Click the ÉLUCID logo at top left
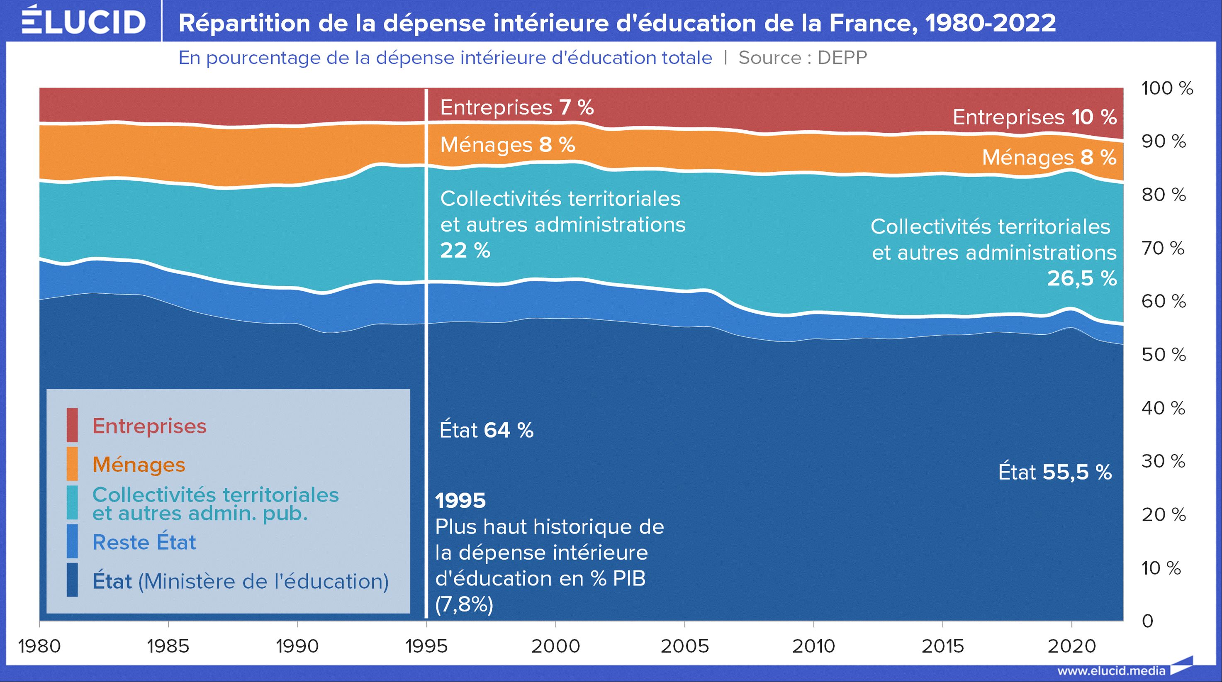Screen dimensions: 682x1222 pyautogui.click(x=83, y=21)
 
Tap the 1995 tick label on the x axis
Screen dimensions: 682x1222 pyautogui.click(x=426, y=646)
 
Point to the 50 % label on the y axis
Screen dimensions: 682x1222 pyautogui.click(x=1163, y=355)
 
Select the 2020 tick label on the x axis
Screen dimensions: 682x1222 pyautogui.click(x=1071, y=646)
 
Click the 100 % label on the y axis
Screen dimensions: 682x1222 pyautogui.click(x=1166, y=88)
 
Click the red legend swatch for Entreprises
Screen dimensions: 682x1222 pyautogui.click(x=72, y=425)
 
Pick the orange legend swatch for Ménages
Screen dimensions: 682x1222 pyautogui.click(x=72, y=464)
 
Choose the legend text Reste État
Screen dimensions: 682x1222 pyautogui.click(x=144, y=542)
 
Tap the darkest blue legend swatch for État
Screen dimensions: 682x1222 pyautogui.click(x=72, y=580)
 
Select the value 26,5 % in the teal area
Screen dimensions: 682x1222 pyautogui.click(x=1081, y=278)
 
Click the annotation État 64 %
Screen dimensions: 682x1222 pyautogui.click(x=486, y=430)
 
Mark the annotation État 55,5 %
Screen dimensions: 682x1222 pyautogui.click(x=1054, y=472)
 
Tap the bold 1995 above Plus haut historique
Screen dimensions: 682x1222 pyautogui.click(x=460, y=500)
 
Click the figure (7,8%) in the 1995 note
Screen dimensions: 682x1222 pyautogui.click(x=464, y=605)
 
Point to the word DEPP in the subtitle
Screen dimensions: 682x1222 pyautogui.click(x=842, y=58)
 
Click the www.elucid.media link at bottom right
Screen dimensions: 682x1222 pyautogui.click(x=1111, y=671)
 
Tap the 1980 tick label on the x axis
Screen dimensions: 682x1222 pyautogui.click(x=39, y=646)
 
